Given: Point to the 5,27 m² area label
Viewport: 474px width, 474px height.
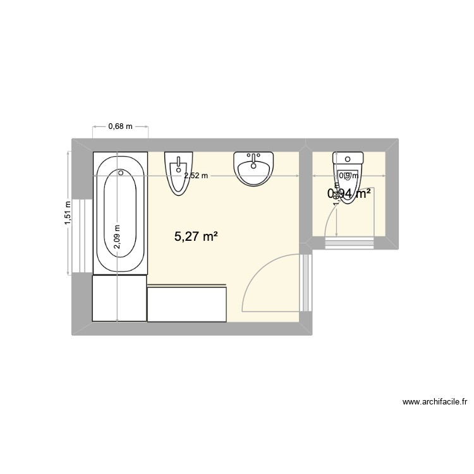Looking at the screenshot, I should click(x=196, y=237).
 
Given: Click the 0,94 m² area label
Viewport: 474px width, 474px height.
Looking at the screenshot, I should click(x=349, y=195).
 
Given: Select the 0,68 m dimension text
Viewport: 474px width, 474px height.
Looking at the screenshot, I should click(x=120, y=126).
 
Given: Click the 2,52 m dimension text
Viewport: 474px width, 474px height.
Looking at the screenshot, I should click(x=195, y=176).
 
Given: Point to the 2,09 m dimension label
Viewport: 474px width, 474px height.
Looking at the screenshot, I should click(x=118, y=237).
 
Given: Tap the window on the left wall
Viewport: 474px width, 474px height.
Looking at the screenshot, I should click(x=82, y=235).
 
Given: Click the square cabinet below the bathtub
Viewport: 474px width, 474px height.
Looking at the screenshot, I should click(x=119, y=298).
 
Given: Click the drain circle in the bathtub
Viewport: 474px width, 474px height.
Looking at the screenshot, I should click(x=121, y=172).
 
